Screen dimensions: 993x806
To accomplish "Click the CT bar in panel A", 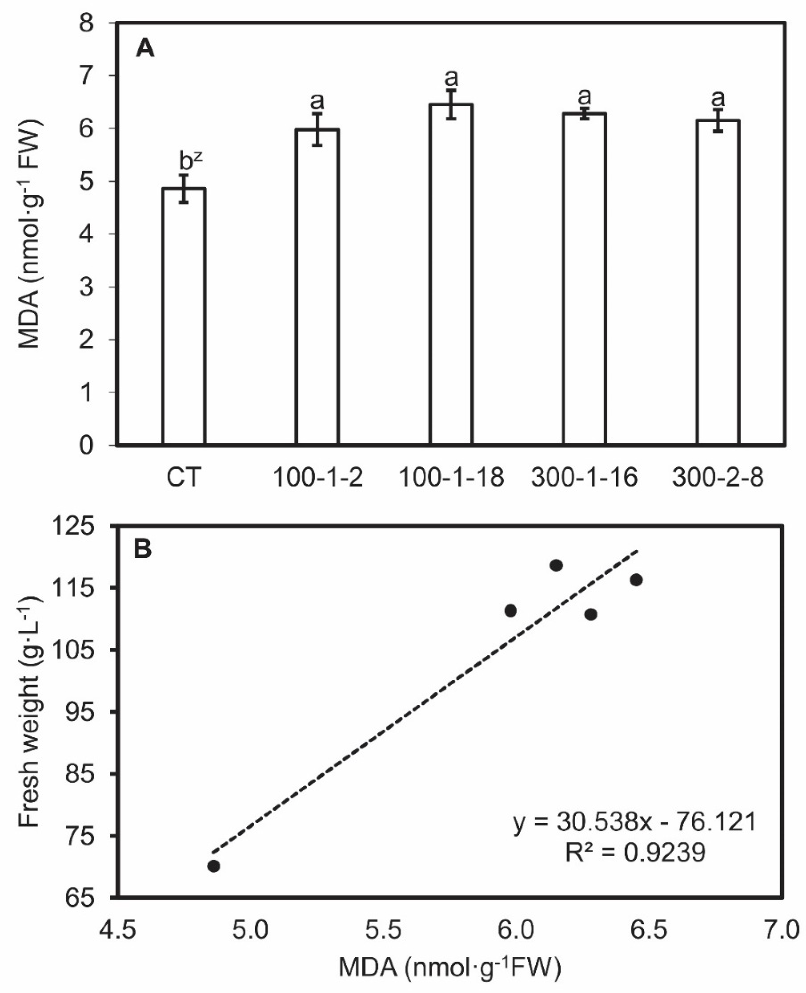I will click(x=184, y=316).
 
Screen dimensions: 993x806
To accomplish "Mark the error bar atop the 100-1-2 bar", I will click(x=318, y=130).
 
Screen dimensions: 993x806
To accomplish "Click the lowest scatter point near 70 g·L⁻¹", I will click(x=214, y=866).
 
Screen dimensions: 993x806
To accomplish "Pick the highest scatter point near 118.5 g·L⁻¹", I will click(x=556, y=565).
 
